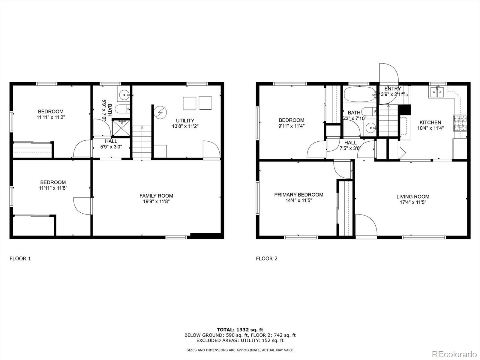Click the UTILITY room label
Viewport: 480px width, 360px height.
(x=185, y=121)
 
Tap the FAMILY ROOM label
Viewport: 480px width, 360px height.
(x=156, y=196)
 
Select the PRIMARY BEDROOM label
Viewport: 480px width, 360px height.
(x=298, y=195)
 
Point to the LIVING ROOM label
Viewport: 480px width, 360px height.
(x=413, y=196)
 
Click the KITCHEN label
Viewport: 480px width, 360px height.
(x=430, y=122)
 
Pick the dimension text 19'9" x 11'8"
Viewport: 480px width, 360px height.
(x=156, y=202)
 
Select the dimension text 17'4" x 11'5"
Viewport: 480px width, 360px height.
(x=413, y=202)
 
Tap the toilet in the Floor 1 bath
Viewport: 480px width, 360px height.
(x=123, y=109)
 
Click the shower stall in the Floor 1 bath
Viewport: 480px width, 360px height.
(x=121, y=127)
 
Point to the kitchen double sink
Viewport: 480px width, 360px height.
(x=436, y=92)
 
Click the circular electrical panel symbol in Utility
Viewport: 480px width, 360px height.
(x=160, y=112)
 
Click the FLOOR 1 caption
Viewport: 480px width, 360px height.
(x=20, y=258)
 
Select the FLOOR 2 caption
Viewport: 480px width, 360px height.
(x=266, y=258)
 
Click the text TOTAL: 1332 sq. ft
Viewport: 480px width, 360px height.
(x=240, y=330)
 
